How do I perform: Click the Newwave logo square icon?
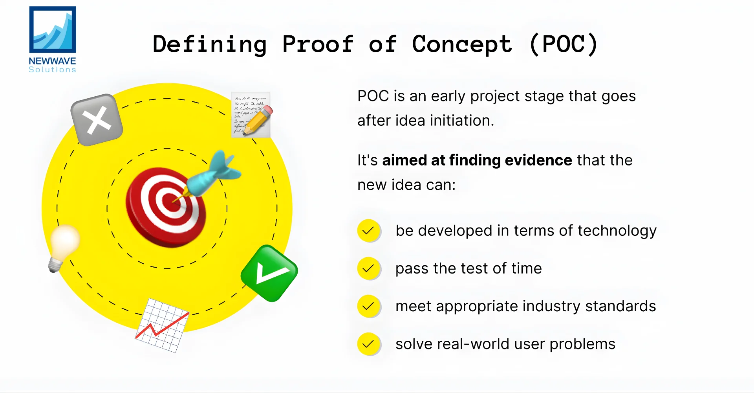(53, 29)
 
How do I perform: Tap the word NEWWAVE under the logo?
(52, 61)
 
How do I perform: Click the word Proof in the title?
(318, 44)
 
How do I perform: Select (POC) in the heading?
(564, 44)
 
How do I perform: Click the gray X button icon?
(97, 120)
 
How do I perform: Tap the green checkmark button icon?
(269, 273)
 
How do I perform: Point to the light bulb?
(64, 246)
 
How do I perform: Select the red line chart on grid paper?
(162, 326)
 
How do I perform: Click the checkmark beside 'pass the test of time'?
(368, 268)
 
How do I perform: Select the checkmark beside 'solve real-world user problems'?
(368, 344)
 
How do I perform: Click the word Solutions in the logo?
(52, 70)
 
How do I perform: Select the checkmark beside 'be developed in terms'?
(368, 231)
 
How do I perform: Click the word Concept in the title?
(462, 44)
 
